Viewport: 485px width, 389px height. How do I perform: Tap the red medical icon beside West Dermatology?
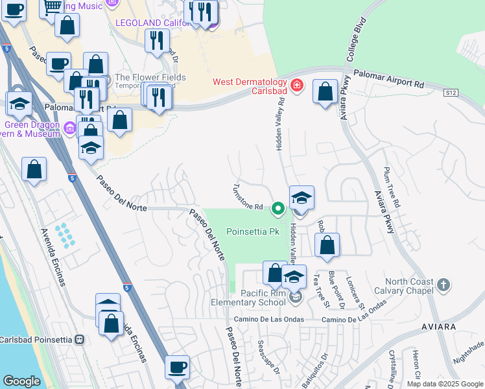point(297,86)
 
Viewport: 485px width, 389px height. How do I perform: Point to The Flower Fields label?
point(150,78)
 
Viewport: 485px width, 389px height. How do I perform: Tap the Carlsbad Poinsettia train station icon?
point(80,339)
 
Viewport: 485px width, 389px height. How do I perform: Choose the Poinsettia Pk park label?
point(252,231)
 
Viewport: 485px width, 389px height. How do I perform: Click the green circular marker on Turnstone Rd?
point(278,208)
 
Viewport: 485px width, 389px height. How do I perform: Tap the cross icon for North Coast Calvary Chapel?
point(443,285)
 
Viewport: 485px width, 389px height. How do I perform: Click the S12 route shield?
point(451,94)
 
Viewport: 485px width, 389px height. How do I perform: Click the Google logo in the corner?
point(21,381)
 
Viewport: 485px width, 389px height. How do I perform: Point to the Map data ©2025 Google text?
point(444,384)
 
